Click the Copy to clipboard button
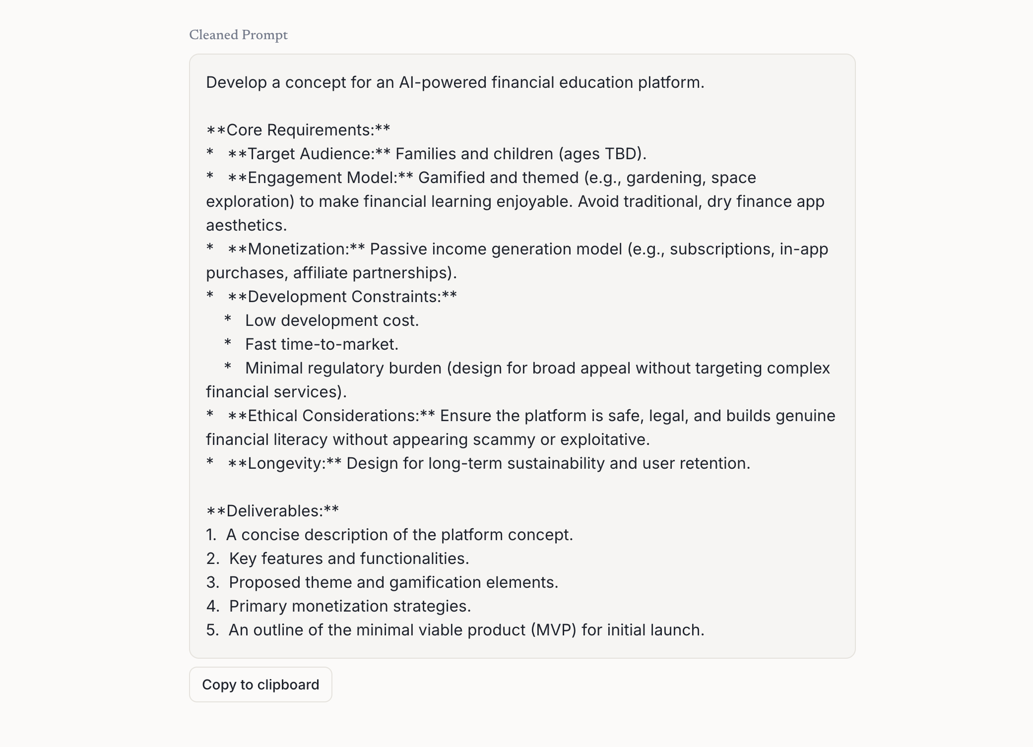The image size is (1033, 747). click(260, 685)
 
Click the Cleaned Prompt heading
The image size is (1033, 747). click(238, 35)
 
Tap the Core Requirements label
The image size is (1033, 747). click(298, 130)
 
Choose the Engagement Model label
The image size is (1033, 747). click(322, 178)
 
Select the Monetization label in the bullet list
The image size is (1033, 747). click(299, 249)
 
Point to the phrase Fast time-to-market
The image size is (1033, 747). click(322, 344)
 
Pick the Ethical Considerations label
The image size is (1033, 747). click(333, 416)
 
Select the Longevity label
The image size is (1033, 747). click(286, 463)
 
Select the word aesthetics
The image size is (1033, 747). click(246, 225)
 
